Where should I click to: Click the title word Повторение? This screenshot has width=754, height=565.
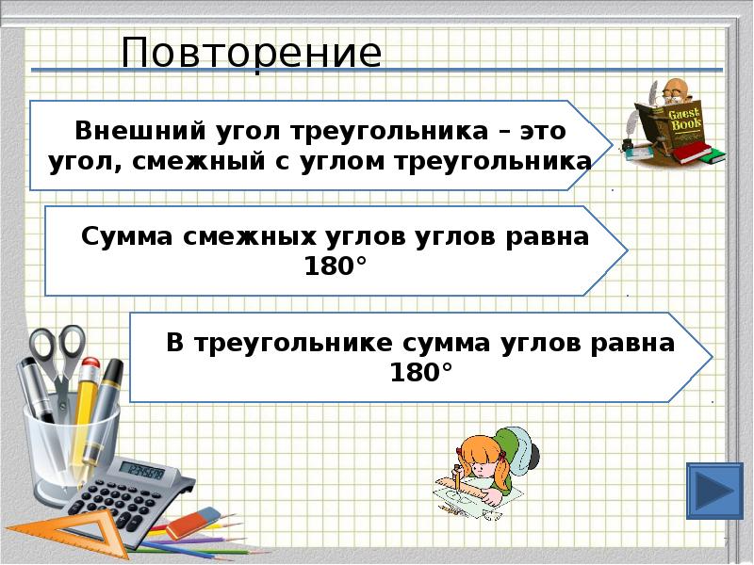tap(252, 54)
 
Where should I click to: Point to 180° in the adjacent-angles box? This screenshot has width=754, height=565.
tap(335, 267)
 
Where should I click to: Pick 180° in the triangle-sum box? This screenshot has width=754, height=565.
tap(421, 374)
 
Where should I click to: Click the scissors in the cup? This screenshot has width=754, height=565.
tap(57, 358)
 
